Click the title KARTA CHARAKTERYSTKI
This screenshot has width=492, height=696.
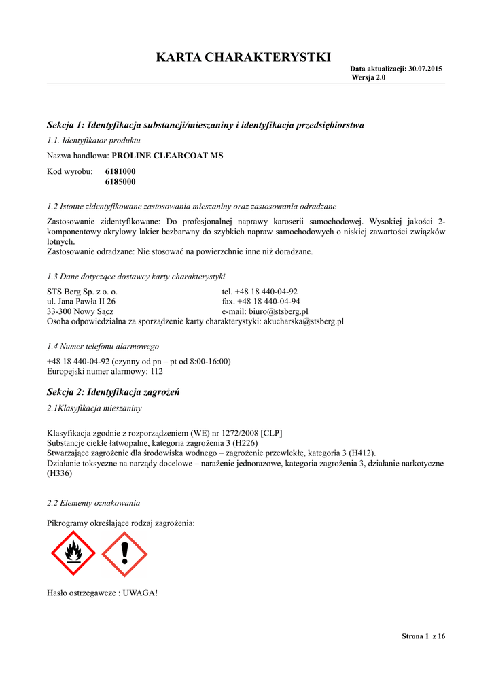(x=243, y=57)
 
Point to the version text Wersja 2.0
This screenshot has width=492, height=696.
(x=368, y=77)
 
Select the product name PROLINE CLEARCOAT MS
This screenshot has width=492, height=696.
(x=167, y=156)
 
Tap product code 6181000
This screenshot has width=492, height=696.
(x=120, y=172)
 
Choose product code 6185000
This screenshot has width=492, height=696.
(x=120, y=182)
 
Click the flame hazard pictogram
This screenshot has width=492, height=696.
(x=73, y=554)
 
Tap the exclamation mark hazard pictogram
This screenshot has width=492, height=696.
(x=124, y=554)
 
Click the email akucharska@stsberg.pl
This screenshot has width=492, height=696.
(x=303, y=321)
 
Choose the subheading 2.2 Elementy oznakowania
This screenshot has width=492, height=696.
(x=93, y=503)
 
